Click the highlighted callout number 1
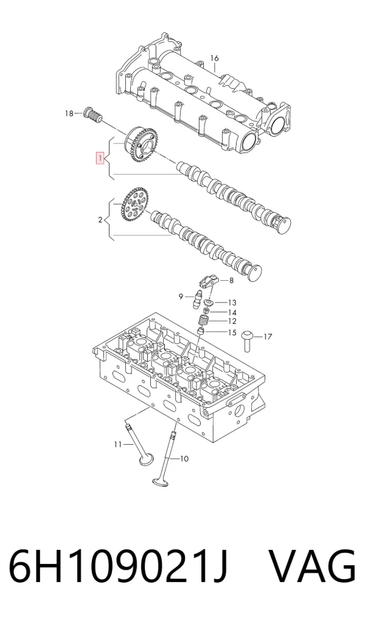pyautogui.click(x=100, y=159)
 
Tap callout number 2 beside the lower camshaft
pyautogui.click(x=100, y=219)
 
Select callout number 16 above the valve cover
pyautogui.click(x=214, y=58)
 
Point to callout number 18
pyautogui.click(x=69, y=114)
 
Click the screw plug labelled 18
pyautogui.click(x=93, y=113)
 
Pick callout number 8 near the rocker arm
pyautogui.click(x=231, y=281)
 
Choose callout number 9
pyautogui.click(x=181, y=297)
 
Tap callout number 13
pyautogui.click(x=232, y=303)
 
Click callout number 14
pyautogui.click(x=232, y=312)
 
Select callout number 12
pyautogui.click(x=232, y=321)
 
